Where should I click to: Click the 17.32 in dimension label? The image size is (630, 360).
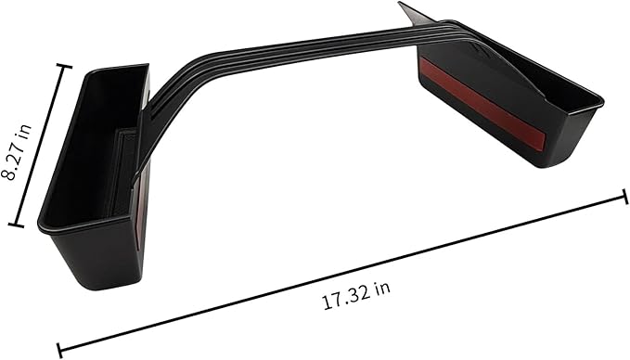(356, 296)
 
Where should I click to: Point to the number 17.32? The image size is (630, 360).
(346, 299)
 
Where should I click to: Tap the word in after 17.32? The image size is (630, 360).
(382, 288)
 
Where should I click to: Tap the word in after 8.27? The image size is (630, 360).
(22, 130)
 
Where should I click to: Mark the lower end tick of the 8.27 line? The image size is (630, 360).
(16, 225)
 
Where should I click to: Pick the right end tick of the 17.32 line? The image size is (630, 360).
(625, 197)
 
